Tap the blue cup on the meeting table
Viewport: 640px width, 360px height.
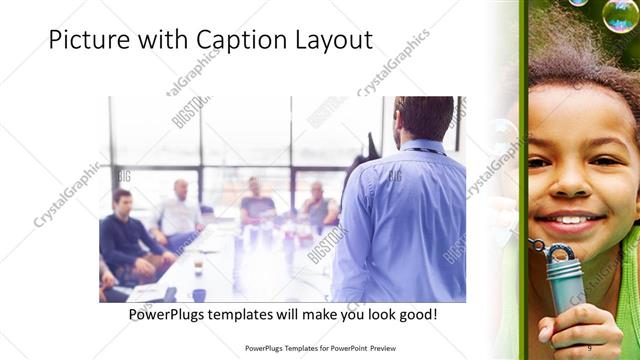(199, 295)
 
